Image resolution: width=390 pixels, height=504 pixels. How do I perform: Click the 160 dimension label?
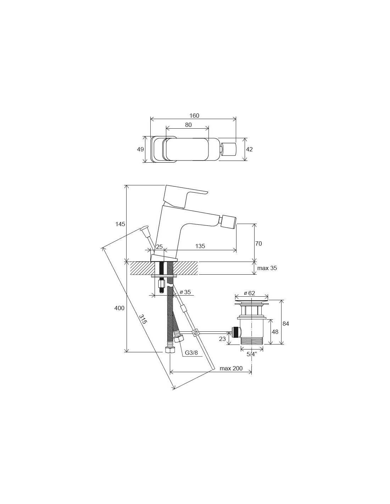pyautogui.click(x=194, y=116)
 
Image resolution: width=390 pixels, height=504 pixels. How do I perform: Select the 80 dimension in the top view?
pyautogui.click(x=188, y=125)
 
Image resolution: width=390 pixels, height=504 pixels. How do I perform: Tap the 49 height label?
pyautogui.click(x=140, y=149)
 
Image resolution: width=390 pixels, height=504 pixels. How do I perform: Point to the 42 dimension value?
pyautogui.click(x=249, y=149)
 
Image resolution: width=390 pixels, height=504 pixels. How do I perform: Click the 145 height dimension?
pyautogui.click(x=120, y=224)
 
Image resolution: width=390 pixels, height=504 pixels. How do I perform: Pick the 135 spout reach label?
pyautogui.click(x=200, y=246)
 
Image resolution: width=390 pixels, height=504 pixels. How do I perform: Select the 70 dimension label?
pyautogui.click(x=258, y=243)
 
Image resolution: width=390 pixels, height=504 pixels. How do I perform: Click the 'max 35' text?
pyautogui.click(x=267, y=268)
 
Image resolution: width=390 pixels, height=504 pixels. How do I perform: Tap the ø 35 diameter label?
pyautogui.click(x=185, y=292)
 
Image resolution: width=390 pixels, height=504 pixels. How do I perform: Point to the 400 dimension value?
pyautogui.click(x=119, y=308)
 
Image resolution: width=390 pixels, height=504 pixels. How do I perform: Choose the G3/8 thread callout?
pyautogui.click(x=191, y=353)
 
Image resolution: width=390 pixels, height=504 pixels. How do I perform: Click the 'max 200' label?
pyautogui.click(x=231, y=368)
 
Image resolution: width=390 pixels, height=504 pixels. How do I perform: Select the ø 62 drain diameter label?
pyautogui.click(x=249, y=293)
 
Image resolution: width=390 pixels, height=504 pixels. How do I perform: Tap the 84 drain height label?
pyautogui.click(x=286, y=324)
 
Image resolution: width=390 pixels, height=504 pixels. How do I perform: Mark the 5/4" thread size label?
pyautogui.click(x=252, y=354)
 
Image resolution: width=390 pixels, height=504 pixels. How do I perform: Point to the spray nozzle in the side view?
pyautogui.click(x=229, y=222)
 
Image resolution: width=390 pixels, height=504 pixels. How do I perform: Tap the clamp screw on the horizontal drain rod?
pyautogui.click(x=196, y=332)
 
